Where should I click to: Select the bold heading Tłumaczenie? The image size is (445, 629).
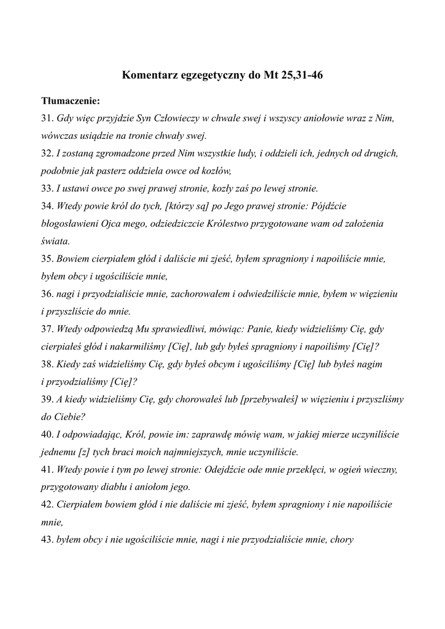[x=70, y=100]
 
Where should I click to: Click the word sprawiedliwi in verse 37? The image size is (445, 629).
[x=169, y=329]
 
